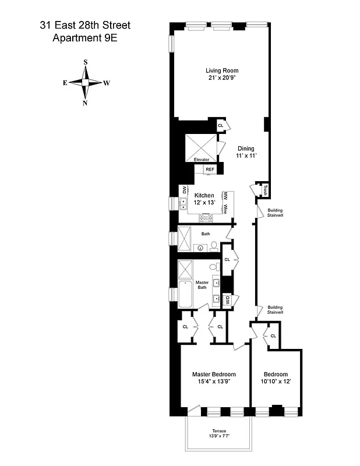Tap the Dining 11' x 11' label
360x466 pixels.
246,152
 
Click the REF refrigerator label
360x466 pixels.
210,170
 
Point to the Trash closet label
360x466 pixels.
264,189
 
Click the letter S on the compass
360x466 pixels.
86,62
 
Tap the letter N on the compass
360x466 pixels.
86,103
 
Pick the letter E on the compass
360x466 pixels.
65,83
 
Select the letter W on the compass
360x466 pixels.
107,83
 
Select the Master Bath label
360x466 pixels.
202,285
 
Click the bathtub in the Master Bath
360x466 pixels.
186,294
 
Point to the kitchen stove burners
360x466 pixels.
206,218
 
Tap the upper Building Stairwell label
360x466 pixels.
275,213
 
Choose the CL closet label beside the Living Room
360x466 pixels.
221,125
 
